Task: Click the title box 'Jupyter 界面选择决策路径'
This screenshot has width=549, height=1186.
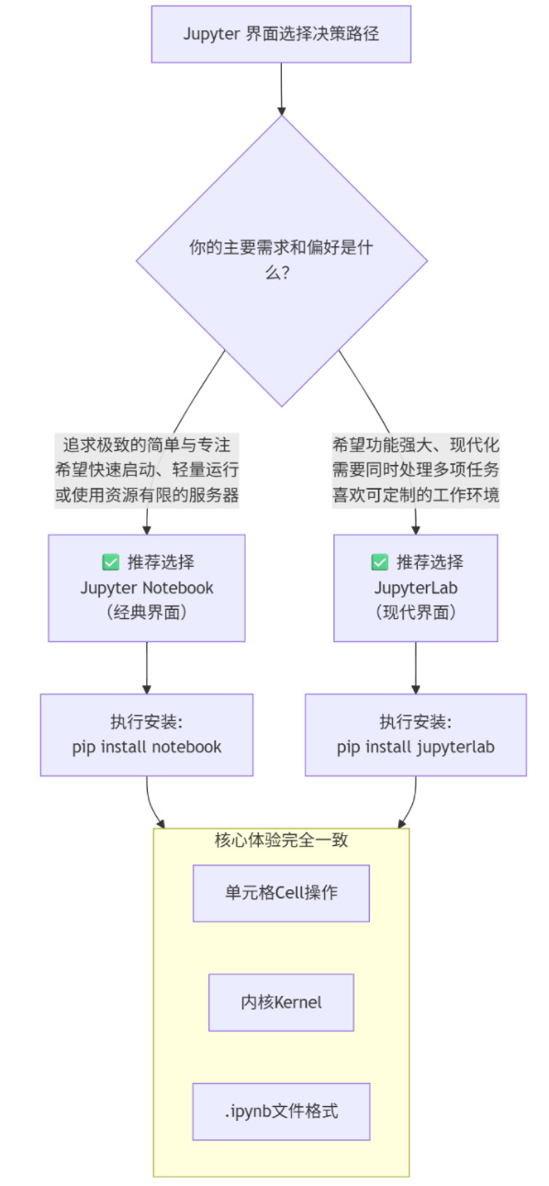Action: coord(281,34)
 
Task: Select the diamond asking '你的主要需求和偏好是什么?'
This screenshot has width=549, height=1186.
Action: coord(281,261)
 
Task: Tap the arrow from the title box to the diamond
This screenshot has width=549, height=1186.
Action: coord(281,89)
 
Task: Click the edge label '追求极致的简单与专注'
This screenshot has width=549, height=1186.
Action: coord(147,445)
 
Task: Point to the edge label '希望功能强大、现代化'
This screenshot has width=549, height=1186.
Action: coord(416,445)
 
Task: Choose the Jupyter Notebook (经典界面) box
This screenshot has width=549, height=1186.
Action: coord(147,588)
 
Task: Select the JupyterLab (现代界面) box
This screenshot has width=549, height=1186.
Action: coord(416,588)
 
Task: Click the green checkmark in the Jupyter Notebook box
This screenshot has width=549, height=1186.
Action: coord(110,561)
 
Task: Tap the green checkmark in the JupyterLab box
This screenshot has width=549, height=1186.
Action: coord(380,561)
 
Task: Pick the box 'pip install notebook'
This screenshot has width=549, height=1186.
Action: coord(147,735)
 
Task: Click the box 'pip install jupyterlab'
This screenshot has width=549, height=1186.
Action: coord(416,735)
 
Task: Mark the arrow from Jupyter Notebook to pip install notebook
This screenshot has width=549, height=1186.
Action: coord(147,668)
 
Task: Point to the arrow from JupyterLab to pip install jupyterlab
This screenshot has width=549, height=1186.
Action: coord(416,668)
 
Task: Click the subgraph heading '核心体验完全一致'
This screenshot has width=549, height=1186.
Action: coord(281,840)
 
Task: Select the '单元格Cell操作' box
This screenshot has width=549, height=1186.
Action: coord(281,893)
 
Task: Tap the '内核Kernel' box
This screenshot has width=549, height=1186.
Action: coord(281,1002)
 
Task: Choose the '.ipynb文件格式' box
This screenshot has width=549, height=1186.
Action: coord(281,1112)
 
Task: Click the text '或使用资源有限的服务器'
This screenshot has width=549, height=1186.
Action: coord(147,494)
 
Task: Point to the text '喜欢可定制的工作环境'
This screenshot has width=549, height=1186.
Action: coord(416,494)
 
